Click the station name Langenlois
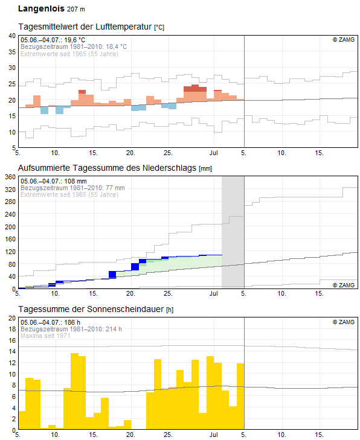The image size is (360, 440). click(x=41, y=8)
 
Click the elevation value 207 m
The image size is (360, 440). click(x=76, y=9)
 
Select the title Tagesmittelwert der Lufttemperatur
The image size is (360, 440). click(x=85, y=27)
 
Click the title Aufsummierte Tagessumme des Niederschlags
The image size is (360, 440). click(x=107, y=168)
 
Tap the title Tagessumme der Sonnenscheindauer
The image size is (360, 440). click(x=91, y=309)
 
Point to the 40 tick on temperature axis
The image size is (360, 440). click(x=12, y=36)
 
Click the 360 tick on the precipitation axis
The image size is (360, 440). click(x=10, y=177)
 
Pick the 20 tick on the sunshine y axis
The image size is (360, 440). click(x=12, y=318)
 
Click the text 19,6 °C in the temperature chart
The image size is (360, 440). click(x=75, y=40)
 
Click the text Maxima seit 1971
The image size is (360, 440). click(x=45, y=336)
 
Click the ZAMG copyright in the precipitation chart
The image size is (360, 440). click(x=344, y=285)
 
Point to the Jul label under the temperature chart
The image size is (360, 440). click(x=214, y=153)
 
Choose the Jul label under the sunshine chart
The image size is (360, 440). click(x=214, y=435)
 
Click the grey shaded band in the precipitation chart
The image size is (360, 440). click(x=233, y=232)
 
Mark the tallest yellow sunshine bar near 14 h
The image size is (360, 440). click(x=74, y=391)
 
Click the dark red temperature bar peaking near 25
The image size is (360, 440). click(x=195, y=88)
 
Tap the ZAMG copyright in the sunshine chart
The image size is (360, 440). click(x=344, y=322)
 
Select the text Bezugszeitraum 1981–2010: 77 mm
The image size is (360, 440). click(x=72, y=188)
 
